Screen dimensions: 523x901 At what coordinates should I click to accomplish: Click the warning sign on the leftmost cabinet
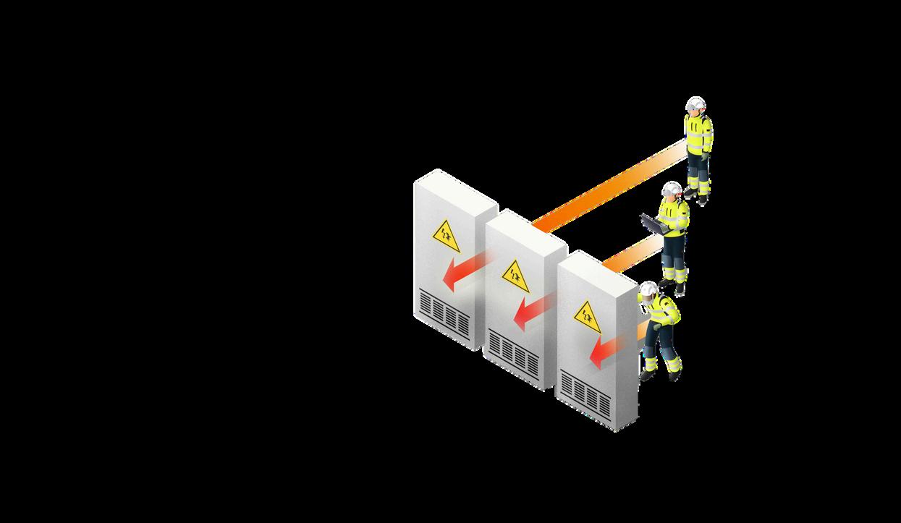click(445, 237)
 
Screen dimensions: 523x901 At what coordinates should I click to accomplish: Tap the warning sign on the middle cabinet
click(515, 276)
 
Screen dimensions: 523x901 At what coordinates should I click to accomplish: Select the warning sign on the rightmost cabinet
click(587, 317)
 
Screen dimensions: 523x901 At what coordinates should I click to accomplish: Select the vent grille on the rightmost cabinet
click(585, 394)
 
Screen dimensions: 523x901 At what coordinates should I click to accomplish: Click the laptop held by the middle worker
click(653, 224)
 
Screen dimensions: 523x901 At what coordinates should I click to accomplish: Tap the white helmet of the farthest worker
click(695, 103)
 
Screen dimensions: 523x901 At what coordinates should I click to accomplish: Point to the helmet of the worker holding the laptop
click(672, 189)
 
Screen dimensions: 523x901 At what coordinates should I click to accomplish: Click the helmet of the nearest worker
click(648, 289)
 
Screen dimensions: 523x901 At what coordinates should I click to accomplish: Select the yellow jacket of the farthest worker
click(698, 134)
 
